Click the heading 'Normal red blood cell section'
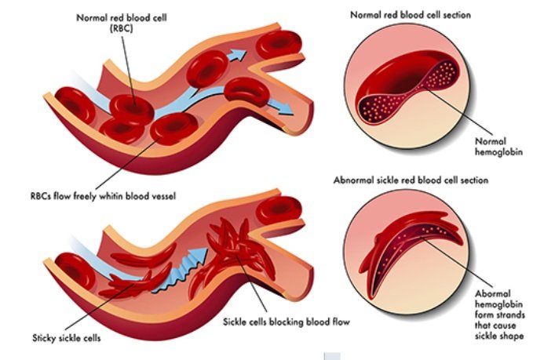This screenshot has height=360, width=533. tap(416, 13)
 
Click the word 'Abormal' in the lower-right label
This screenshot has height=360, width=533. tap(492, 292)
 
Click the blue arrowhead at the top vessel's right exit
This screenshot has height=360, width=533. tap(287, 110)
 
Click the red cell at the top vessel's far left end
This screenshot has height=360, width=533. tap(75, 111)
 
